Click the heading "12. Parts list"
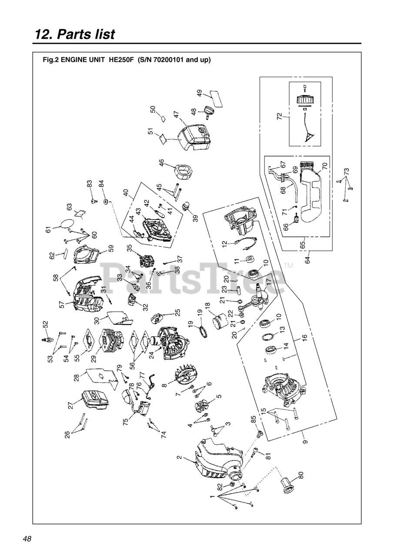click(75, 34)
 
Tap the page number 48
click(27, 539)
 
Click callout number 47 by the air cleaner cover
click(176, 115)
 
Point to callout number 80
click(301, 475)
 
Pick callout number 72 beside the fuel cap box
click(279, 116)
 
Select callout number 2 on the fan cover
click(179, 457)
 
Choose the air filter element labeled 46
click(183, 174)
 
